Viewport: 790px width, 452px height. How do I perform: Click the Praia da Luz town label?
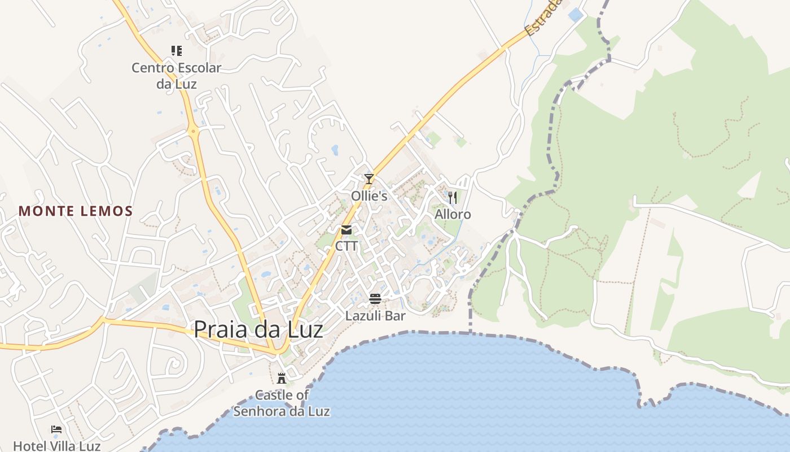258,329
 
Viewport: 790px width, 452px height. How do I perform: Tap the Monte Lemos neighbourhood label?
76,211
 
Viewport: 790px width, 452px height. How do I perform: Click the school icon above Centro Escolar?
177,51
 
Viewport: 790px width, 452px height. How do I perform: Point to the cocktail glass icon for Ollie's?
369,179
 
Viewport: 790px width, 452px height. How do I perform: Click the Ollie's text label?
369,196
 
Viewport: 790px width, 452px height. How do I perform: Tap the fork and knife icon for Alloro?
453,197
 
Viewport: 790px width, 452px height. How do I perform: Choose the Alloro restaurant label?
453,215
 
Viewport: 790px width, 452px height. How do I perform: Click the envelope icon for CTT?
346,230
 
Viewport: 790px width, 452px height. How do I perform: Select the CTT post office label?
346,246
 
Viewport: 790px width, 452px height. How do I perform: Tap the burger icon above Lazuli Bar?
375,298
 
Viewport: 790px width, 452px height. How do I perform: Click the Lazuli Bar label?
375,316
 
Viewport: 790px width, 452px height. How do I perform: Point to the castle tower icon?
282,378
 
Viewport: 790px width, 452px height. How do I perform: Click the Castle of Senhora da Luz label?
282,403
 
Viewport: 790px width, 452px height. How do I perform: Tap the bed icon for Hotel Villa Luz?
56,429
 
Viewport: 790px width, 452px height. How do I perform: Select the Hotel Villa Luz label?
56,446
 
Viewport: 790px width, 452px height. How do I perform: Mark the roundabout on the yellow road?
194,132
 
